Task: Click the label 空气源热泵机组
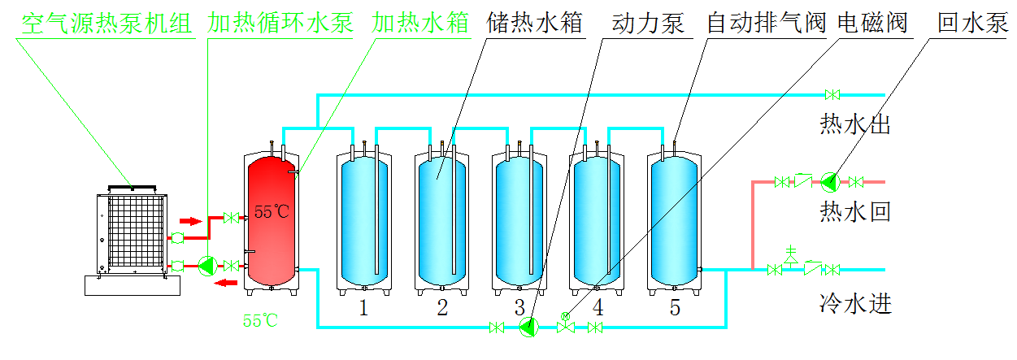point(106,23)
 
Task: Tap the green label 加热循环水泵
point(280,23)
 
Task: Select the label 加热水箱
point(420,23)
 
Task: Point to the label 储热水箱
point(534,23)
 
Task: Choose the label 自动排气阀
point(765,23)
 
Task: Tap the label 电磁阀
point(872,23)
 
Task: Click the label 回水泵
point(971,23)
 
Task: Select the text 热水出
point(856,125)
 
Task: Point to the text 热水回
point(856,212)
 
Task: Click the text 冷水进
point(856,305)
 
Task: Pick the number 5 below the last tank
point(675,308)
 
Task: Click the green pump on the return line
point(828,181)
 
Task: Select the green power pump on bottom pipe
point(528,327)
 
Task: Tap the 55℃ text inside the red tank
point(272,213)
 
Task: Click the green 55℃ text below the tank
point(260,321)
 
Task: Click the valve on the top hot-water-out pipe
point(832,94)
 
